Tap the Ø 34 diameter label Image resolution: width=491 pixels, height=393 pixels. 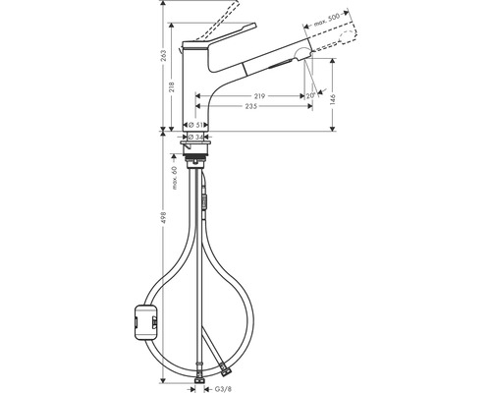tap(197, 137)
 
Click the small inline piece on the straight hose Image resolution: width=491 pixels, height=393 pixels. tap(206, 202)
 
